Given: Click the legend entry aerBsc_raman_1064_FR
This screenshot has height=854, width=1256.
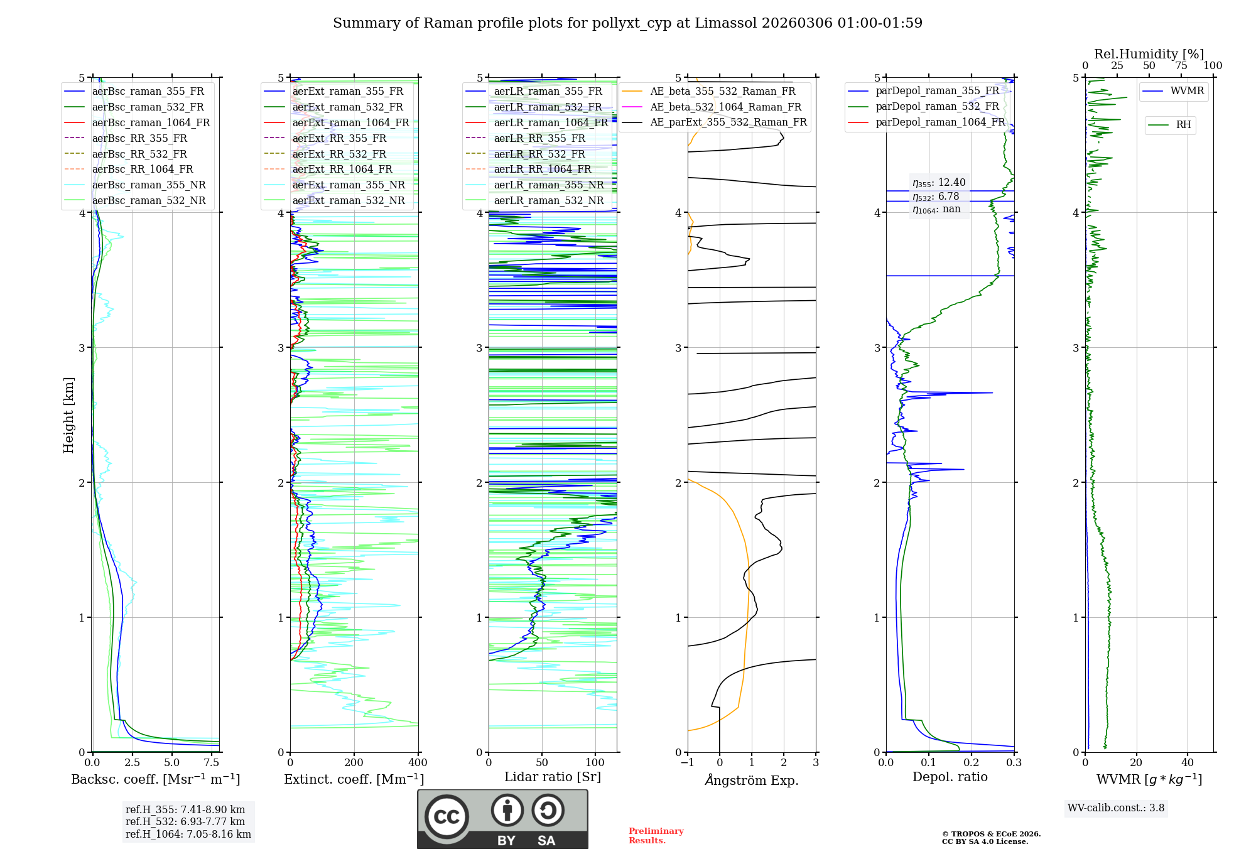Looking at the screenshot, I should (151, 122).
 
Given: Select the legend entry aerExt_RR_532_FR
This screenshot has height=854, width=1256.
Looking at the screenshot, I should (339, 154).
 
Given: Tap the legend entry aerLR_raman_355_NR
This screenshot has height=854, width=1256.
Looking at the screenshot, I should (548, 185).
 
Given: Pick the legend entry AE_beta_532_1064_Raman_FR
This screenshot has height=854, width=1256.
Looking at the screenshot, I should (725, 107).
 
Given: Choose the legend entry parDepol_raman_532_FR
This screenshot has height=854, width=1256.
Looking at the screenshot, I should (937, 107).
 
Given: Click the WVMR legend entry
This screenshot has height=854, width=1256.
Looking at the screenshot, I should (1187, 91).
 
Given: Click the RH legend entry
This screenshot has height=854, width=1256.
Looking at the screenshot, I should (1183, 125).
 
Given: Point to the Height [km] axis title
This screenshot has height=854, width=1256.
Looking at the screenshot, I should (68, 414).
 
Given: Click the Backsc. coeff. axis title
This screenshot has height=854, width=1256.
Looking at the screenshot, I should (155, 779).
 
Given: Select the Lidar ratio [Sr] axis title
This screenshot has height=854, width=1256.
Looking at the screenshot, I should (553, 777).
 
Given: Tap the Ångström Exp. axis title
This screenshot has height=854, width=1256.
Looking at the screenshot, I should (752, 781).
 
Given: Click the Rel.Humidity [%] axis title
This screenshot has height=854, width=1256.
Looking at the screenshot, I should (1149, 54).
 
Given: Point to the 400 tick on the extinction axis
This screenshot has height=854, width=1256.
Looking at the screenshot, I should (418, 763).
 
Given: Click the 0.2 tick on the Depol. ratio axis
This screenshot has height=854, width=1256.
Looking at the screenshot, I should (972, 763).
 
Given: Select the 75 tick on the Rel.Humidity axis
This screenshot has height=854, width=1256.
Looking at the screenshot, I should (1181, 65).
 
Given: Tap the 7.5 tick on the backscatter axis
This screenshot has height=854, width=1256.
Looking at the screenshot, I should (212, 763).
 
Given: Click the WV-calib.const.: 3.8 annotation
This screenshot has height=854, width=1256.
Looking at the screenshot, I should (1116, 808).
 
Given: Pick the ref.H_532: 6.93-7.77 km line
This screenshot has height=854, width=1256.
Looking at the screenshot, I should (185, 822).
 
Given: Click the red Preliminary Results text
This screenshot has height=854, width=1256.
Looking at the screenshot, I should (656, 836).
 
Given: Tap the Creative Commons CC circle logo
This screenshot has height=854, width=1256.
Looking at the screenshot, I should (447, 817).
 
